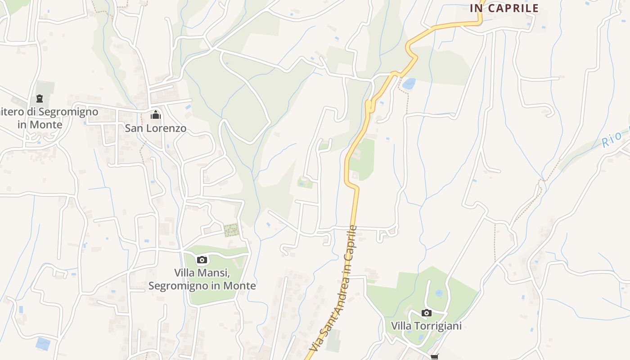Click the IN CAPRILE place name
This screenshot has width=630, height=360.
click(504, 8)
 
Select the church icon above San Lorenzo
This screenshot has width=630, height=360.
click(156, 115)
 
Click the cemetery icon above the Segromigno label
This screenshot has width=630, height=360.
click(40, 98)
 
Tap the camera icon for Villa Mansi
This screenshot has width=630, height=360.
click(202, 260)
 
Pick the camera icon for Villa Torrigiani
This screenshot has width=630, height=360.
click(427, 313)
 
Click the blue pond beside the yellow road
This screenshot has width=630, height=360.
click(409, 84)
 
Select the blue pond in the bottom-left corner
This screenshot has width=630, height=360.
click(43, 343)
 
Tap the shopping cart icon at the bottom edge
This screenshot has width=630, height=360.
click(434, 357)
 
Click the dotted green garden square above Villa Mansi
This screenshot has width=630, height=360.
click(231, 230)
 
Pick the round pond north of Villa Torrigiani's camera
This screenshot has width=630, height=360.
click(439, 293)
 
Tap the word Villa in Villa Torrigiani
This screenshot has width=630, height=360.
click(400, 326)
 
